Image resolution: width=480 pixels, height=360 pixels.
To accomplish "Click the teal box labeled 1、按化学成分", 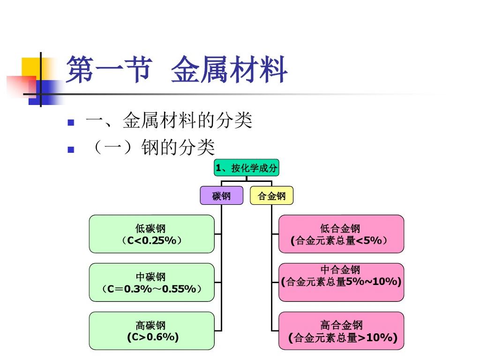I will (x=246, y=168).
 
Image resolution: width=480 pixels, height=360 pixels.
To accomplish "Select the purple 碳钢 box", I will (x=221, y=195).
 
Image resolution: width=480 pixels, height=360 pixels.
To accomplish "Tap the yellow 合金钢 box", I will (x=271, y=195).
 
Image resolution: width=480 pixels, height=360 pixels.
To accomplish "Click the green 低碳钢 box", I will (x=151, y=234).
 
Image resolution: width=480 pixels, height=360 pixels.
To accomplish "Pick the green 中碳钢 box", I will (x=151, y=282).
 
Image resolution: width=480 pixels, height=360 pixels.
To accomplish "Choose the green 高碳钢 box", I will (x=151, y=331).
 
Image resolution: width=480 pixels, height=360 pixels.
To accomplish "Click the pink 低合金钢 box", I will (x=341, y=234).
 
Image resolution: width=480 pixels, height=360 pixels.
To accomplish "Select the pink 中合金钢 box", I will (x=341, y=282).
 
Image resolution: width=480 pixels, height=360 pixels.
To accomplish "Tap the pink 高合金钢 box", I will (x=341, y=331).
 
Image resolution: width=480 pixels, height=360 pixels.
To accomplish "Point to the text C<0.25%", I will (x=151, y=240).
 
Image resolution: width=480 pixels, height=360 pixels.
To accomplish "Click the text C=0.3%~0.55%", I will (x=151, y=289).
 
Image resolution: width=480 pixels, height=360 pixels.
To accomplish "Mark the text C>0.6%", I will (x=152, y=337).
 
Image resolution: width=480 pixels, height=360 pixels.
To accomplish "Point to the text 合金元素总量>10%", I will (x=343, y=337).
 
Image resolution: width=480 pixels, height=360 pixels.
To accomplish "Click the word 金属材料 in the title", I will (x=229, y=70).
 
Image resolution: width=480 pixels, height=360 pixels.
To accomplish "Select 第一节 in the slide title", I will (x=109, y=70).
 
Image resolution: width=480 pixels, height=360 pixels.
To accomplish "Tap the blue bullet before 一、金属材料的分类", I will (x=71, y=123).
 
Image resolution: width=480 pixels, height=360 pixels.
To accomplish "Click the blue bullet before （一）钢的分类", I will (x=71, y=150).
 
